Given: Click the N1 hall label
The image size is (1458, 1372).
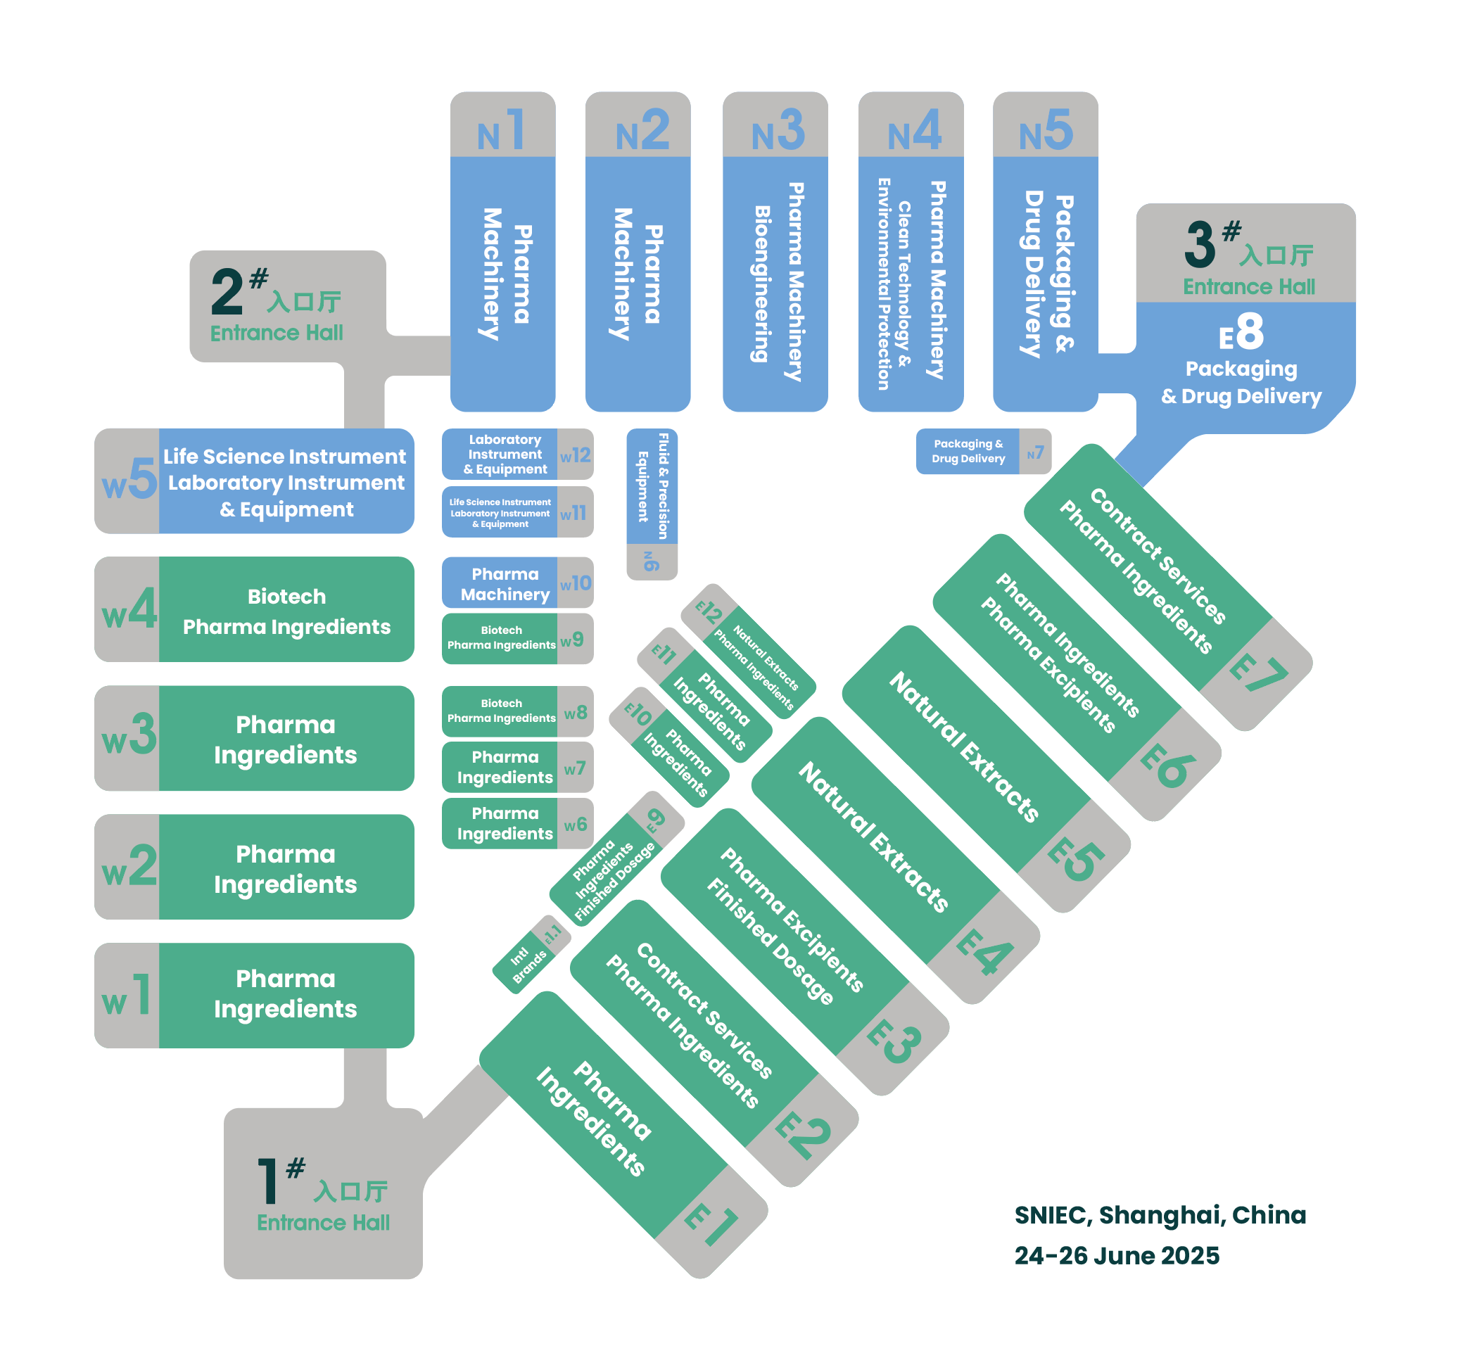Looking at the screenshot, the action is (x=502, y=131).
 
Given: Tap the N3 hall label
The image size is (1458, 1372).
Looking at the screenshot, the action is (x=778, y=131).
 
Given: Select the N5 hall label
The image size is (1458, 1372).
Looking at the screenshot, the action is (x=1046, y=131).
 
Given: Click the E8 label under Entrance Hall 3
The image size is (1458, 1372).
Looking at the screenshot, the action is (x=1242, y=331).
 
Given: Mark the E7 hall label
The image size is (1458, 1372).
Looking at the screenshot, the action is (x=1259, y=673).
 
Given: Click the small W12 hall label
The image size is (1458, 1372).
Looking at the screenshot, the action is (x=575, y=455).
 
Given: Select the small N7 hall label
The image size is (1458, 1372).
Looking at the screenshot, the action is (x=1035, y=453).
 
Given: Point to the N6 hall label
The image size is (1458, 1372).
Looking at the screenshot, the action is (x=650, y=561).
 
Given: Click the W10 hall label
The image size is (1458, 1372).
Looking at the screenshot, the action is (x=575, y=584).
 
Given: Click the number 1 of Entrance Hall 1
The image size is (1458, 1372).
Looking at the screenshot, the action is (x=267, y=1180).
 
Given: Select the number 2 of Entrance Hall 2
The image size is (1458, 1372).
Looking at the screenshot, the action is (x=227, y=291).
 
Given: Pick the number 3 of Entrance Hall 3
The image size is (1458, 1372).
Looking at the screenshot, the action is (x=1200, y=244).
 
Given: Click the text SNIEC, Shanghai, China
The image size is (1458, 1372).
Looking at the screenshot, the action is (x=1160, y=1215).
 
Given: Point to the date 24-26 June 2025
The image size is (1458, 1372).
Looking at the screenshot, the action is (x=1117, y=1255).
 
